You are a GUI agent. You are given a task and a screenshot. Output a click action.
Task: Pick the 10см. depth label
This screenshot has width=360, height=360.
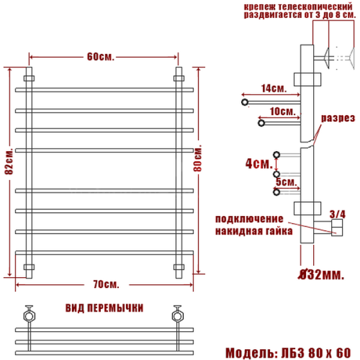(282, 112)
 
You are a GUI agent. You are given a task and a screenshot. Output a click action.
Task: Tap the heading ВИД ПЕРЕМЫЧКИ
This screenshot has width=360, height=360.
(104, 308)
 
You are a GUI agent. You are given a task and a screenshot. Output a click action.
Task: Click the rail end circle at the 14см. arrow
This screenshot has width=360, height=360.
(245, 103)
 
